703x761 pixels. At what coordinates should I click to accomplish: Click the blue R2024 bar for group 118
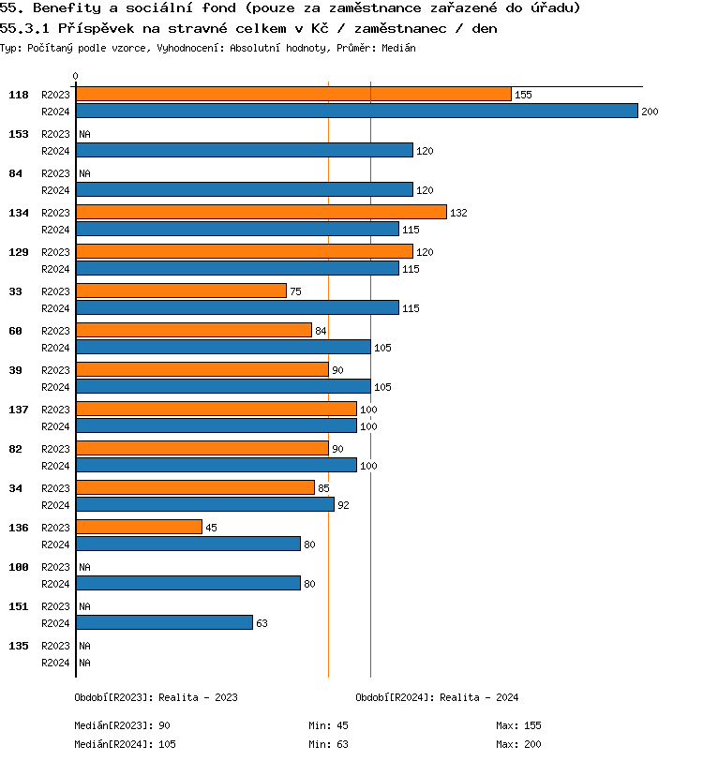click(x=356, y=111)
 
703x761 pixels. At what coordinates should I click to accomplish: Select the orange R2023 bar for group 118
click(x=293, y=95)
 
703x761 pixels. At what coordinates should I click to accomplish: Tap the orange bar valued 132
click(x=262, y=213)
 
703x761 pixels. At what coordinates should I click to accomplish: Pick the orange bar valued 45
click(x=139, y=528)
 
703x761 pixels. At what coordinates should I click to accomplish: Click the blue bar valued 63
click(x=164, y=622)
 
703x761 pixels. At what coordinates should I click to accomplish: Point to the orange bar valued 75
click(x=181, y=291)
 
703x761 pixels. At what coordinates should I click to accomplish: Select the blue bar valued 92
click(x=204, y=504)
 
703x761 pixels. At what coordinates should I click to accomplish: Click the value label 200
click(x=651, y=112)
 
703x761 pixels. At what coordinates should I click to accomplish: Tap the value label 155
click(x=523, y=95)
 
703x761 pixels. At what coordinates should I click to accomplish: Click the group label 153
click(x=19, y=134)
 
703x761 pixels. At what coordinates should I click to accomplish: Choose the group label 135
click(x=19, y=646)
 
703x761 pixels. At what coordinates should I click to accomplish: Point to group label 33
click(x=16, y=291)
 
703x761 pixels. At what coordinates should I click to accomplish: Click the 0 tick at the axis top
click(x=76, y=77)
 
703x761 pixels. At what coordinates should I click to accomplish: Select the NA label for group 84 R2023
click(x=84, y=173)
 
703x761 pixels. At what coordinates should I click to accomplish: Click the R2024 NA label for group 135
click(x=84, y=663)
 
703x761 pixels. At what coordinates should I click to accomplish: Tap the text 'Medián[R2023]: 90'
click(x=122, y=725)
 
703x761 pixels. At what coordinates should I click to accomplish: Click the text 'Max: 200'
click(x=518, y=744)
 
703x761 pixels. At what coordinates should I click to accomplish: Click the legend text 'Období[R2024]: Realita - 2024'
click(x=437, y=697)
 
